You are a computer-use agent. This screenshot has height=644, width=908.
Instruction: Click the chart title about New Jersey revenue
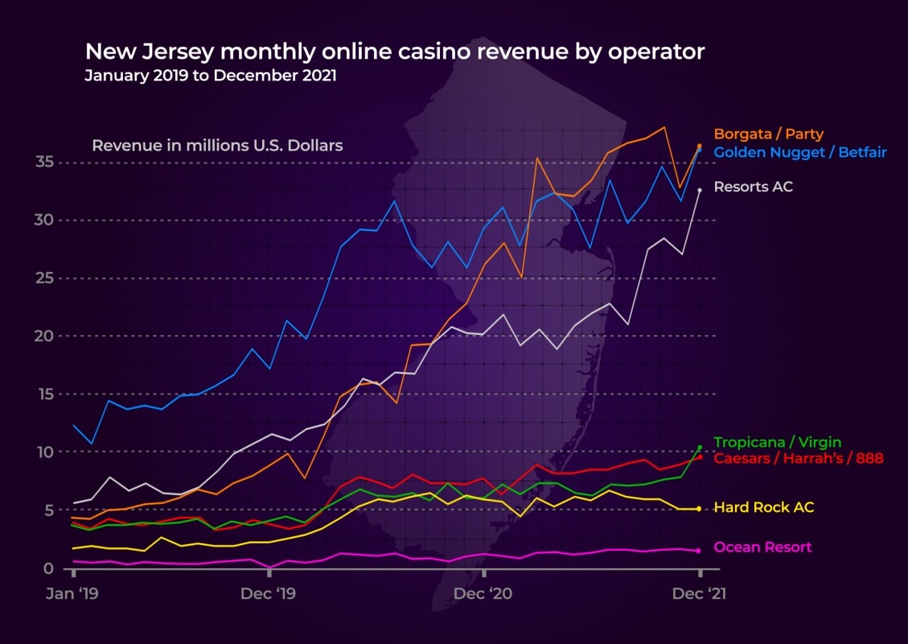point(394,52)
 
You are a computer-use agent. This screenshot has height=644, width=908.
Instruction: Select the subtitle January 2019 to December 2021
point(211,76)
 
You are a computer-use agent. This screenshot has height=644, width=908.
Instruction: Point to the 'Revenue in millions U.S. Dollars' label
point(217,146)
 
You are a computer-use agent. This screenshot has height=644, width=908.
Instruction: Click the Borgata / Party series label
point(768,134)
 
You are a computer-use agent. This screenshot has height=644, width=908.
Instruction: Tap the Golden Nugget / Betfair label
point(800,151)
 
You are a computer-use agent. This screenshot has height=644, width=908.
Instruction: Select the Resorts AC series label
point(753,187)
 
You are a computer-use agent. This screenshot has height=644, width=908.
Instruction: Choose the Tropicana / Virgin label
point(778,442)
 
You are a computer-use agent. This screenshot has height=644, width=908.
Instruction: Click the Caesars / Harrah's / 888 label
point(798,458)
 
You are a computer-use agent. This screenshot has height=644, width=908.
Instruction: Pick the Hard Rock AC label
point(763,507)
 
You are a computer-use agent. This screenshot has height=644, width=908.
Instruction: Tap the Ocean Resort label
point(762,547)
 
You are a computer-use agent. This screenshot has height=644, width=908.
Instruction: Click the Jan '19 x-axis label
point(73,594)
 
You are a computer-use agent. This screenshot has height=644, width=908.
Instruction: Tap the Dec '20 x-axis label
point(483,594)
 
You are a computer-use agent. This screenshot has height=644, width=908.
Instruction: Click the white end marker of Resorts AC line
point(699,190)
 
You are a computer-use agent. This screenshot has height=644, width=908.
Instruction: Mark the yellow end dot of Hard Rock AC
point(699,509)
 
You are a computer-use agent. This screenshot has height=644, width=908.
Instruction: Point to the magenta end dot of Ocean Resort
point(699,551)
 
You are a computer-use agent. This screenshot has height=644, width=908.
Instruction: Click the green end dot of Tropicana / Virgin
point(700,447)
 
